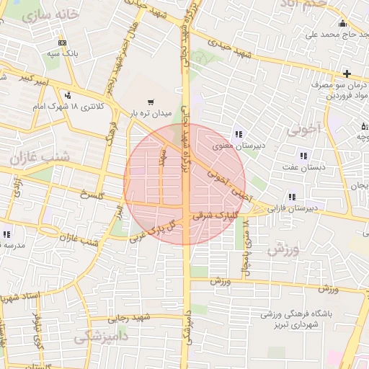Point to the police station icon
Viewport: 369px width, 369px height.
[x=68, y=94]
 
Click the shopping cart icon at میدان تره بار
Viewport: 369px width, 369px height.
[x=150, y=102]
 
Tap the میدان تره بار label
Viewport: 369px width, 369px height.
[x=148, y=113]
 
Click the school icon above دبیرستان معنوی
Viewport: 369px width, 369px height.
[x=239, y=133]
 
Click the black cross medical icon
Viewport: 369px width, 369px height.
[x=347, y=74]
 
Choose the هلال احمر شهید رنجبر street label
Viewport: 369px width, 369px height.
[x=134, y=69]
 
